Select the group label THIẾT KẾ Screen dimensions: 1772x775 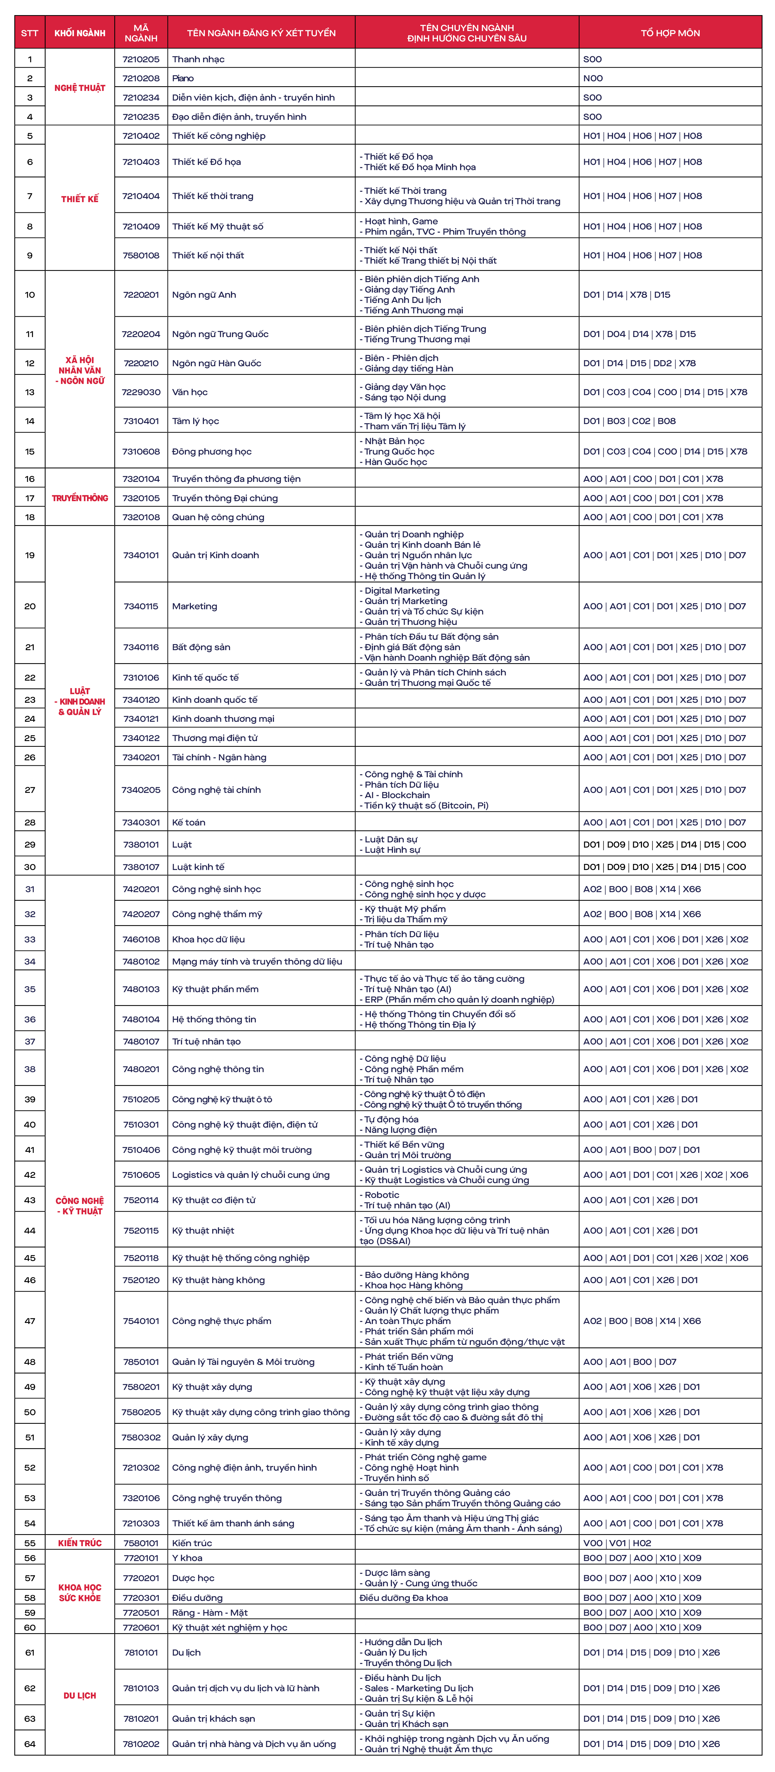(80, 199)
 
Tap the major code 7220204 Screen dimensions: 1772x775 (141, 334)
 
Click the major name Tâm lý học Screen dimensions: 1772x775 (195, 421)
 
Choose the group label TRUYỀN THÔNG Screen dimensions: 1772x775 (80, 498)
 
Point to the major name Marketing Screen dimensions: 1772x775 (195, 606)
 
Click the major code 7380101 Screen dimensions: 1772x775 (141, 845)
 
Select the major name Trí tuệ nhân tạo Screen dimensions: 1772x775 (206, 1041)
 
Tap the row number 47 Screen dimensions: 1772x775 (30, 1321)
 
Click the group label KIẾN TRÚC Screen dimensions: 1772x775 (80, 1543)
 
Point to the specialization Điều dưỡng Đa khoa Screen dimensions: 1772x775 (404, 1598)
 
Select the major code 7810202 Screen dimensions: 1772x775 (141, 1744)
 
